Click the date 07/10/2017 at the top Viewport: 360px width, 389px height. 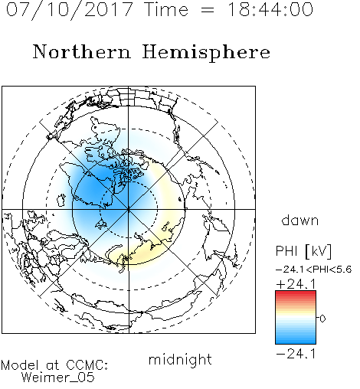tap(70, 10)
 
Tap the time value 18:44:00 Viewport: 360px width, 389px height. tap(270, 9)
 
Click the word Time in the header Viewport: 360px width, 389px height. tap(166, 9)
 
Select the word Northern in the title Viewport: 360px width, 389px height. tap(82, 51)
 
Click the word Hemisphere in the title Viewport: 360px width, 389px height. tap(206, 53)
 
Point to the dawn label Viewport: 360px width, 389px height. tap(300, 220)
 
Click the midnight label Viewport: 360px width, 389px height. tap(180, 360)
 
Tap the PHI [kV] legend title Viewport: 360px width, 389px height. tap(303, 251)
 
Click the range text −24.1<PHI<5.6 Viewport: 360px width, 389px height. tap(314, 270)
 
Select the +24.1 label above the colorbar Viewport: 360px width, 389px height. tap(296, 284)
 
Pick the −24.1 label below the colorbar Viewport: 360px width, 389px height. tap(296, 354)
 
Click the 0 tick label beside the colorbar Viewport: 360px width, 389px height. tap(322, 319)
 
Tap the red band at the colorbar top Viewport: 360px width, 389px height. tap(296, 294)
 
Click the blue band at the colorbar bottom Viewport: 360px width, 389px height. tap(296, 340)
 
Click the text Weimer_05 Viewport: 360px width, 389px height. tap(57, 378)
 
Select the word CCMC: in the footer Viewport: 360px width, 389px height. tap(87, 365)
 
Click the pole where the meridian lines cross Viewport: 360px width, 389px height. tap(129, 209)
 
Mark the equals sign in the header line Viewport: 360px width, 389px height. tap(208, 10)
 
